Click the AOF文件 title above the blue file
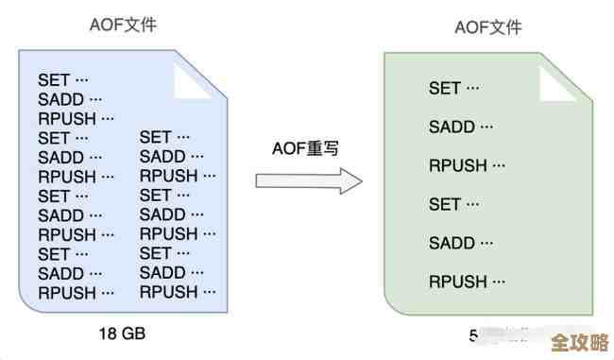coord(124,26)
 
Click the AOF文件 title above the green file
coord(488,27)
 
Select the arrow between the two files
coord(309,180)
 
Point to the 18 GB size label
coord(123,334)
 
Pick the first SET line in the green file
coord(454,89)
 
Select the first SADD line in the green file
coord(460,127)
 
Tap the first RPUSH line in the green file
coord(469,165)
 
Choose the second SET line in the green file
coord(454,204)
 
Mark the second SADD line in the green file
coord(460,243)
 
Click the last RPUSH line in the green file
coord(469,282)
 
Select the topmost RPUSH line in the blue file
coord(76,119)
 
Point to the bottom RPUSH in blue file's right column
coord(178,292)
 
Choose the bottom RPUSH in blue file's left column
coord(76,292)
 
